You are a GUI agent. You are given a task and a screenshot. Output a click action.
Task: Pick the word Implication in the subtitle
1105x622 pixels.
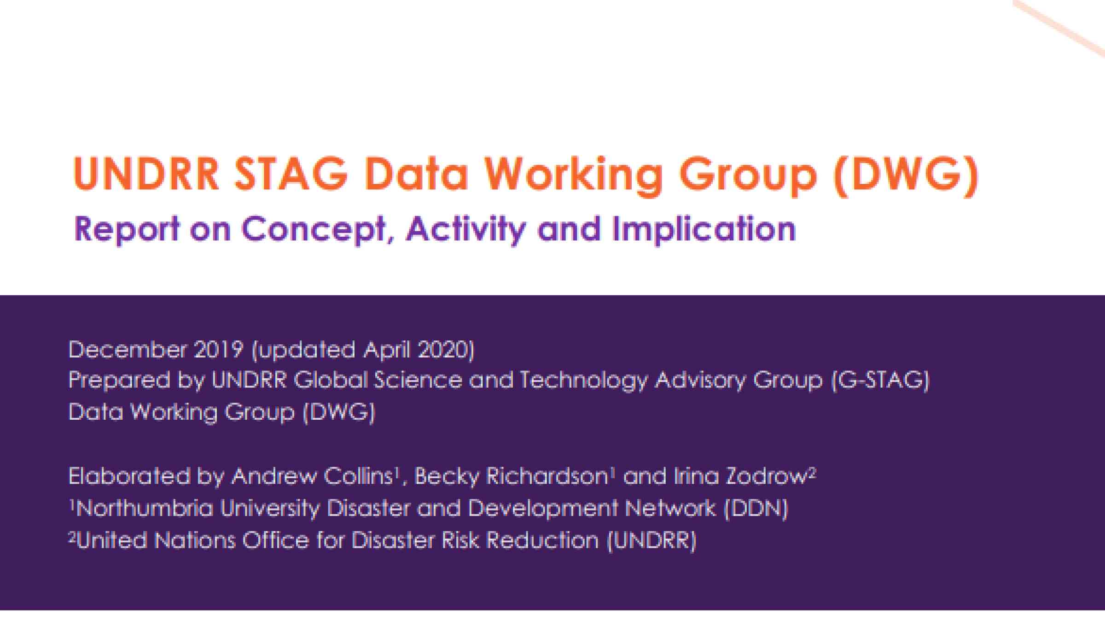[704, 229]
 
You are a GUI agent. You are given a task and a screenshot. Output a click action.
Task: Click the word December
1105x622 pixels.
[128, 350]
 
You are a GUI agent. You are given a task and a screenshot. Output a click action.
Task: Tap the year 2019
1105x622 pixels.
[218, 350]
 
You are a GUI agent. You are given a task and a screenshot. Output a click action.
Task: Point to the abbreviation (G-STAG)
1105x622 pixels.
[880, 381]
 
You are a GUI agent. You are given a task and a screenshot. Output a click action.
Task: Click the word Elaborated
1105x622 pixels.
[129, 476]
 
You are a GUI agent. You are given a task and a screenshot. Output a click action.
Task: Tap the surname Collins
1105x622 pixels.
[358, 476]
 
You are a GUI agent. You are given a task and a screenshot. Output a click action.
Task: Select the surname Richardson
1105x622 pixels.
[547, 476]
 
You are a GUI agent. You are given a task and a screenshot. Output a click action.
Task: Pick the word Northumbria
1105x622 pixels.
[145, 509]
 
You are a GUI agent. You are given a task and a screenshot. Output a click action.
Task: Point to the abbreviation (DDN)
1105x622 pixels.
[756, 509]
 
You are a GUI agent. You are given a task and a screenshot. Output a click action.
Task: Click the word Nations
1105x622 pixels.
[195, 540]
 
